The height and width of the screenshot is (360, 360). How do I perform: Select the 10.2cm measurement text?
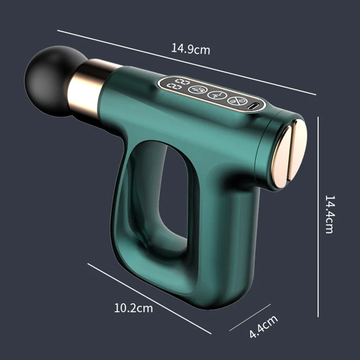pos(133,308)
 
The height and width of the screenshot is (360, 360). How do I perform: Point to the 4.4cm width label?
pos(264,327)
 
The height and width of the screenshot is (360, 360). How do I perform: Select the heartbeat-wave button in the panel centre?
pos(216,95)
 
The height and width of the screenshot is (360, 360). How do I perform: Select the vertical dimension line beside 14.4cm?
pos(318,216)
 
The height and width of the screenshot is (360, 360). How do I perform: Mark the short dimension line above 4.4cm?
pos(250,317)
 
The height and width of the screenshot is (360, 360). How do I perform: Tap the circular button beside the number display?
pos(196,89)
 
